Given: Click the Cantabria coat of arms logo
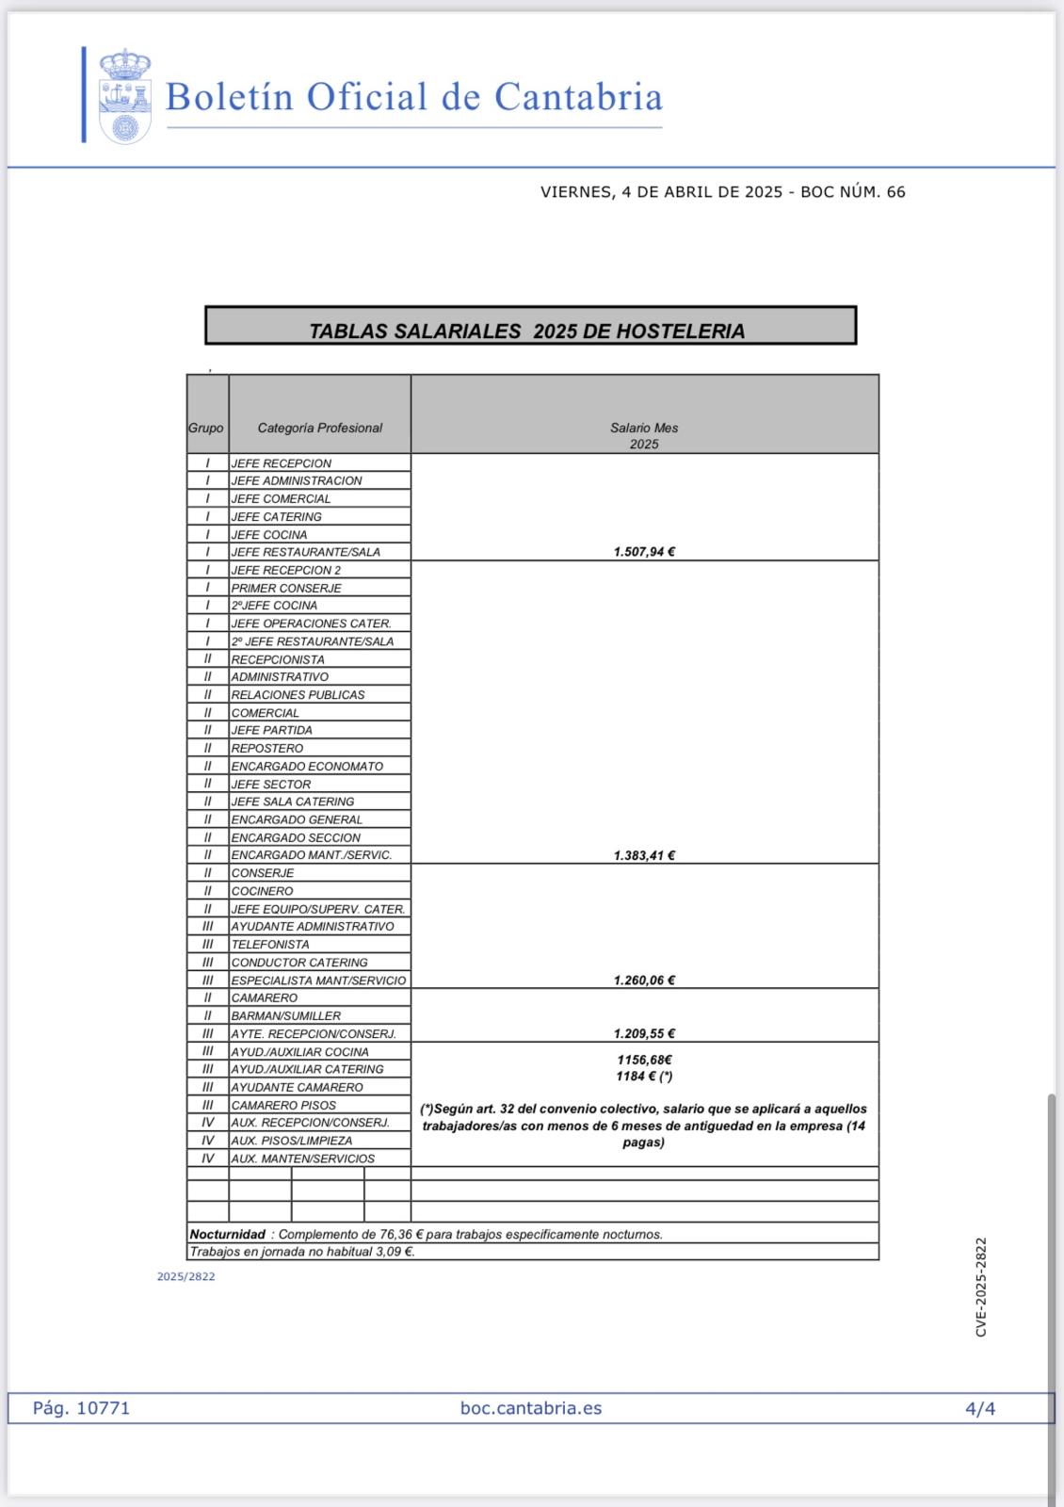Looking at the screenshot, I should click(x=125, y=96).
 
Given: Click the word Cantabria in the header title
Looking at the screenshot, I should click(x=578, y=97).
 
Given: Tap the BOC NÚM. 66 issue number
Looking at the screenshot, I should click(x=853, y=192).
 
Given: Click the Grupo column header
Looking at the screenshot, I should click(x=206, y=428).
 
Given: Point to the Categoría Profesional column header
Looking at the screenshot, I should click(x=319, y=428).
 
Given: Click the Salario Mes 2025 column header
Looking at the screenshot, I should click(x=644, y=435).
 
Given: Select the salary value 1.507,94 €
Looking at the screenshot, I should click(x=644, y=552).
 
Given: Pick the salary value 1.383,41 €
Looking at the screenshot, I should click(x=644, y=855).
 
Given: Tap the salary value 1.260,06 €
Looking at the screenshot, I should click(x=644, y=980).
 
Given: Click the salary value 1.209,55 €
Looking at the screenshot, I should click(x=644, y=1033).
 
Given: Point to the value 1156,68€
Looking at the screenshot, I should click(x=644, y=1060).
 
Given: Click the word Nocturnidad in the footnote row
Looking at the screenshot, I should click(x=227, y=1234).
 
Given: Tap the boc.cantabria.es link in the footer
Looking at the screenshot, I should click(x=531, y=1408).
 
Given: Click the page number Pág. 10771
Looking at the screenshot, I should click(x=81, y=1408).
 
